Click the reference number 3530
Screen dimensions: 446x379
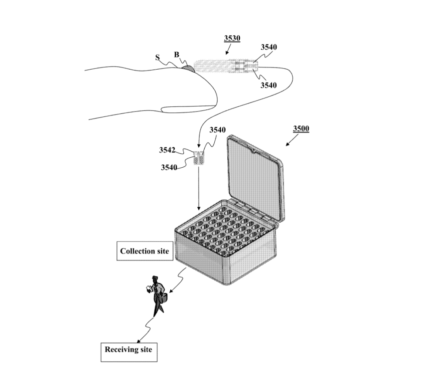pos(232,38)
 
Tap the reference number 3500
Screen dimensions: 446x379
pos(301,129)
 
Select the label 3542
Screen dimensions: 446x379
pos(167,150)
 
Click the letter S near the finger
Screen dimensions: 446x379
pos(157,58)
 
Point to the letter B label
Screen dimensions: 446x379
pos(177,54)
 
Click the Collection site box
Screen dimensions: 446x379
pos(145,251)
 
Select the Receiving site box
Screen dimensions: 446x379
pos(129,352)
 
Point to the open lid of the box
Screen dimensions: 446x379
pos(254,176)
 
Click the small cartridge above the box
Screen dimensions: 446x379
pos(199,158)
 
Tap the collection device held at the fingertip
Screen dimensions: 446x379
pos(226,66)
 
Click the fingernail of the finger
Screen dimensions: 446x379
pos(188,109)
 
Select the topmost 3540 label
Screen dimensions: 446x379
pos(269,47)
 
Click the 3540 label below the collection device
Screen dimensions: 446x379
pos(268,85)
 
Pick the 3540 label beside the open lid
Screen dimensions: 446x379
pos(218,130)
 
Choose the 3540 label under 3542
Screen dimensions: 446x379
pos(169,167)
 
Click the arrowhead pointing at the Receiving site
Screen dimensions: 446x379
pos(139,341)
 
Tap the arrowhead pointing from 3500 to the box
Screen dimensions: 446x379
pos(287,144)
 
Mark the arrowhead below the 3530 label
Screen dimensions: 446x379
pos(226,53)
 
